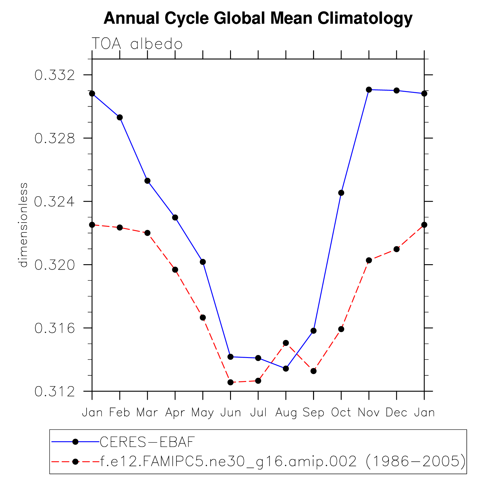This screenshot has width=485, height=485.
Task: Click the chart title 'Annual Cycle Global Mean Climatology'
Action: [258, 19]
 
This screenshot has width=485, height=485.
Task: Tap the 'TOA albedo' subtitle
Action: [137, 44]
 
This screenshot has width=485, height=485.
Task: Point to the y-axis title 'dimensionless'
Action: [23, 225]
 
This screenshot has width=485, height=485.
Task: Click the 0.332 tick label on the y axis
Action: [55, 75]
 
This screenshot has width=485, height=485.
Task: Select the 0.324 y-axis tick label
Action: [55, 202]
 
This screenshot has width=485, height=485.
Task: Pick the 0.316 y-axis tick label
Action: [55, 328]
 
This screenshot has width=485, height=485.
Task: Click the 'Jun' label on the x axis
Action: [231, 413]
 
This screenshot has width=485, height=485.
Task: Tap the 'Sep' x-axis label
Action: [313, 413]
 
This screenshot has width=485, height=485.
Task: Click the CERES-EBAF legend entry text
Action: [147, 442]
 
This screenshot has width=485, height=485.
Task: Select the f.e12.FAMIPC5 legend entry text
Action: [283, 462]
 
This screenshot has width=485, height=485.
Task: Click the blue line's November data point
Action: [369, 90]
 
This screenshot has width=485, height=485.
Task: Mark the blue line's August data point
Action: [286, 368]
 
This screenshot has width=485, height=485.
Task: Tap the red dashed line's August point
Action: [286, 343]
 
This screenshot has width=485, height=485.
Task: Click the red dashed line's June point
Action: [230, 382]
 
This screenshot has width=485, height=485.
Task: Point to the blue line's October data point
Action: [341, 193]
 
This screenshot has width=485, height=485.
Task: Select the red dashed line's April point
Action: [175, 270]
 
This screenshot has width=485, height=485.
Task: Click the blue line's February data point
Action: [120, 117]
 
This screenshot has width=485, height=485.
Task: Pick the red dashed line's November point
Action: [369, 260]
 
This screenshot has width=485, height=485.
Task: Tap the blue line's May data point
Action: [203, 262]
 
